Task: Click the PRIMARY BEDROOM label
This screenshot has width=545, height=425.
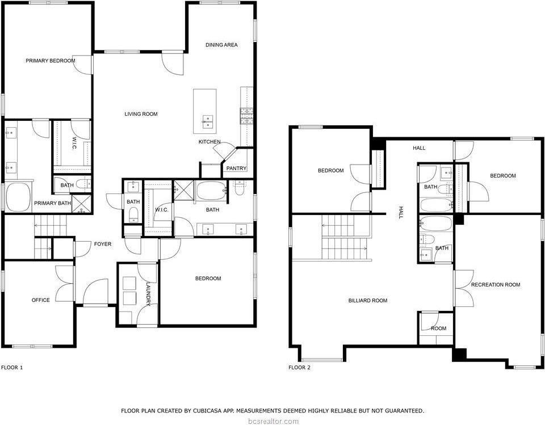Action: pos(50,61)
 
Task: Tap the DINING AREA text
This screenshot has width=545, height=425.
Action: pos(221,45)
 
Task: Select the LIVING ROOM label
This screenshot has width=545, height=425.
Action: pos(141,114)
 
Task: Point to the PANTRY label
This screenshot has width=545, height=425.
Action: pos(236,169)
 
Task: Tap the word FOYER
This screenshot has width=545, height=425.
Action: pos(103,244)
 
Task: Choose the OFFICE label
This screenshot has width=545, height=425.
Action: pos(40,300)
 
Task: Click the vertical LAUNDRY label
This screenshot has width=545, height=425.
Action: pos(148,294)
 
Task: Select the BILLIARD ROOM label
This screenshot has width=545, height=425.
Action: pos(368,301)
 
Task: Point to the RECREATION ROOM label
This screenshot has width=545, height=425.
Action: pos(495,285)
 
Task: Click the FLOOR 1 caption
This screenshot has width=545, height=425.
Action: pos(12,368)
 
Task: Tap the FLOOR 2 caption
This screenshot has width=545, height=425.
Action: pos(300,368)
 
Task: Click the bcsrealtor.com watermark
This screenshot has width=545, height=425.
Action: pos(272,421)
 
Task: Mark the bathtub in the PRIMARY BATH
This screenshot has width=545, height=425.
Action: pos(19,197)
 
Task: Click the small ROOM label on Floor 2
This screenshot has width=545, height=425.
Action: pos(438,329)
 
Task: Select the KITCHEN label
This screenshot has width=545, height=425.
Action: pos(209,141)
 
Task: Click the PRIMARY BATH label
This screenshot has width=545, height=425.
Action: pos(52,203)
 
